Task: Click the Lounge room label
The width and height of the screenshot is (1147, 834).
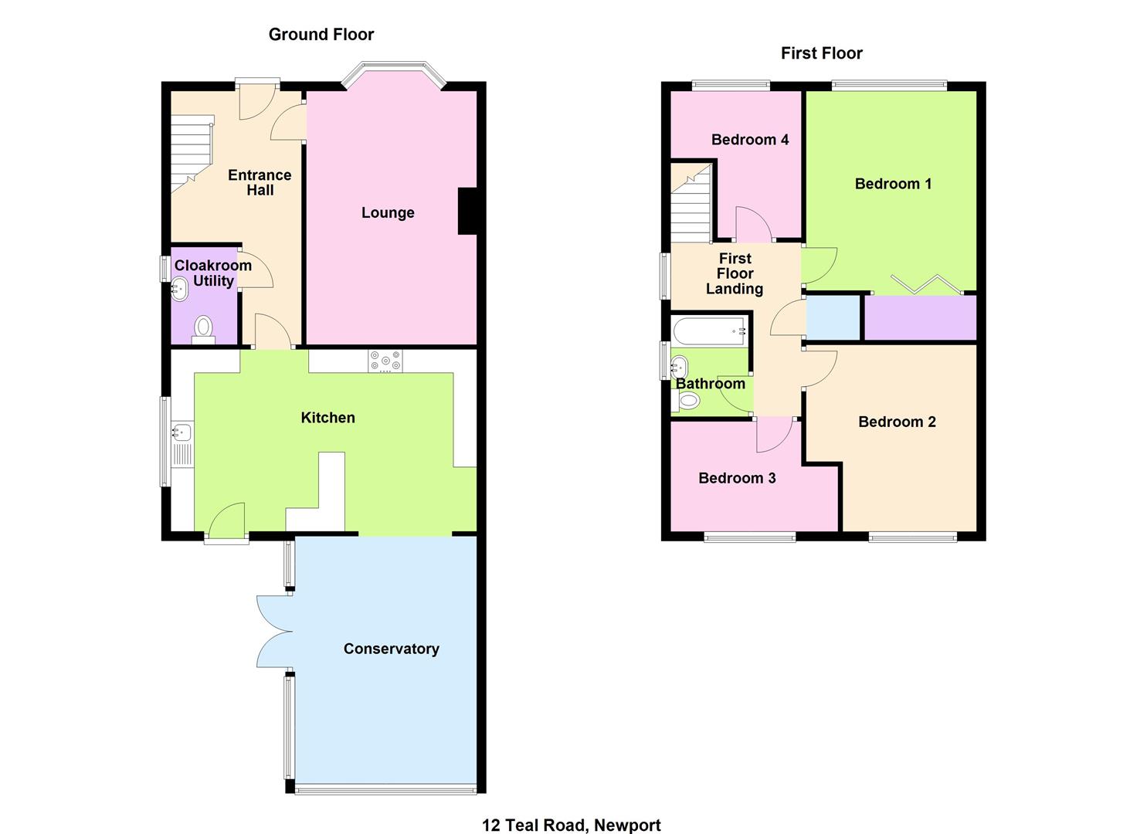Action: [x=388, y=212]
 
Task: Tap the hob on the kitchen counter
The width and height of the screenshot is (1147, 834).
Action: [x=385, y=361]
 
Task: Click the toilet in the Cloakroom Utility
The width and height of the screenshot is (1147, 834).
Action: [x=203, y=327]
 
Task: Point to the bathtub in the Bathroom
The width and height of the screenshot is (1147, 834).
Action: [x=709, y=333]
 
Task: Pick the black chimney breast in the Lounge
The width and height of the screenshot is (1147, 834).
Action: [x=468, y=211]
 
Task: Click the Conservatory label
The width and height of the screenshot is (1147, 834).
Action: [x=391, y=649]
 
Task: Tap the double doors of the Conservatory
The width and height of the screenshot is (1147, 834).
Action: [x=275, y=632]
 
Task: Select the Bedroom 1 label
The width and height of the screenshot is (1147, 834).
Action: [x=893, y=184]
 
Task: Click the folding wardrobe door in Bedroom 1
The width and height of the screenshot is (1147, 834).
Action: [x=926, y=284]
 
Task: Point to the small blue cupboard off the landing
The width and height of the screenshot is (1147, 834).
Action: [x=833, y=317]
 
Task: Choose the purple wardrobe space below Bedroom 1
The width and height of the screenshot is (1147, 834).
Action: [x=919, y=317]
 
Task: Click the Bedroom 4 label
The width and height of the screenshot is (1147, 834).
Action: [x=749, y=140]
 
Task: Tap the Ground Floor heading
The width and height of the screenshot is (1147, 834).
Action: [x=321, y=34]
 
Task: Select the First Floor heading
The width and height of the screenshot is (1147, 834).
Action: [x=821, y=53]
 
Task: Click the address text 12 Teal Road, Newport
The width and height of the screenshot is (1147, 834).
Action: [x=571, y=825]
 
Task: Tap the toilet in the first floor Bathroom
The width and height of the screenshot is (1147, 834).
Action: [x=687, y=400]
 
